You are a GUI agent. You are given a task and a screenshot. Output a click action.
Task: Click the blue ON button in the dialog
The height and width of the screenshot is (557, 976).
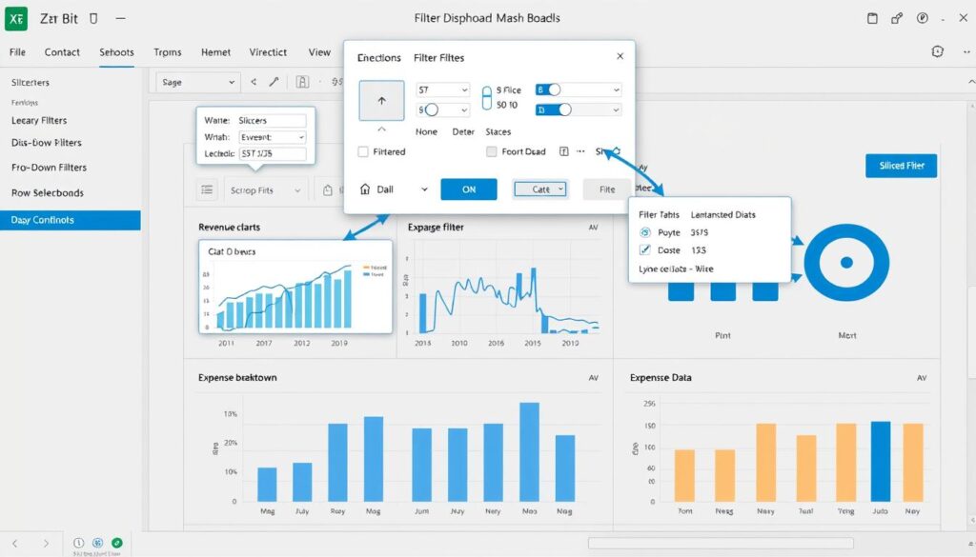tap(468, 189)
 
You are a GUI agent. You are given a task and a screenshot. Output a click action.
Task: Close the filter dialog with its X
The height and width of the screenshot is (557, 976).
tap(620, 57)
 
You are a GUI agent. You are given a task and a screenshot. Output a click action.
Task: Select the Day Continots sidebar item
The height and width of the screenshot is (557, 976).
tap(70, 220)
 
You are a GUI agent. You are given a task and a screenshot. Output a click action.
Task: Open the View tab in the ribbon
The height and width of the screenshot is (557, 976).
tap(319, 52)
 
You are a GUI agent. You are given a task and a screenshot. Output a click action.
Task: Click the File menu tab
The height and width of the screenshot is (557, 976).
tap(17, 52)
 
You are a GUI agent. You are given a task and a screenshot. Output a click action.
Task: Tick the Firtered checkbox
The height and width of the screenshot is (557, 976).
tap(363, 151)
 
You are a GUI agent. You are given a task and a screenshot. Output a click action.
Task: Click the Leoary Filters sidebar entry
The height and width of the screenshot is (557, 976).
tap(52, 121)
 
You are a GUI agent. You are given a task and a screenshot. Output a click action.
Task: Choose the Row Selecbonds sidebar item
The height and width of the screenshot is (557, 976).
tap(48, 192)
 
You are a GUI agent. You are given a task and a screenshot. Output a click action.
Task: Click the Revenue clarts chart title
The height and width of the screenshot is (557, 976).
tap(229, 228)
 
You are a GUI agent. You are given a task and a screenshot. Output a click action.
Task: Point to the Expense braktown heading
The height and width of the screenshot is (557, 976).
tap(237, 378)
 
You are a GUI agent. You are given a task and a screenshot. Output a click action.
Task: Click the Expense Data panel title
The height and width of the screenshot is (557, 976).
tap(661, 378)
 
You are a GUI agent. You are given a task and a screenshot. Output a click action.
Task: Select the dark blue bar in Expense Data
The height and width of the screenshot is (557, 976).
tap(880, 461)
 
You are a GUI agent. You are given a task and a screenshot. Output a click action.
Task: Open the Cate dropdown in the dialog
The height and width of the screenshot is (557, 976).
tap(540, 189)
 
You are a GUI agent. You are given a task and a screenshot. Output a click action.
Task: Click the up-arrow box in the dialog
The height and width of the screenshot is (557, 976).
tap(382, 101)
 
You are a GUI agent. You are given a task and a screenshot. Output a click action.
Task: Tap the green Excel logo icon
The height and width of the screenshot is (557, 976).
tap(17, 18)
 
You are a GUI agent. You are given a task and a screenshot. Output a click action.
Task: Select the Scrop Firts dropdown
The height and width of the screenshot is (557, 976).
tap(266, 190)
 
